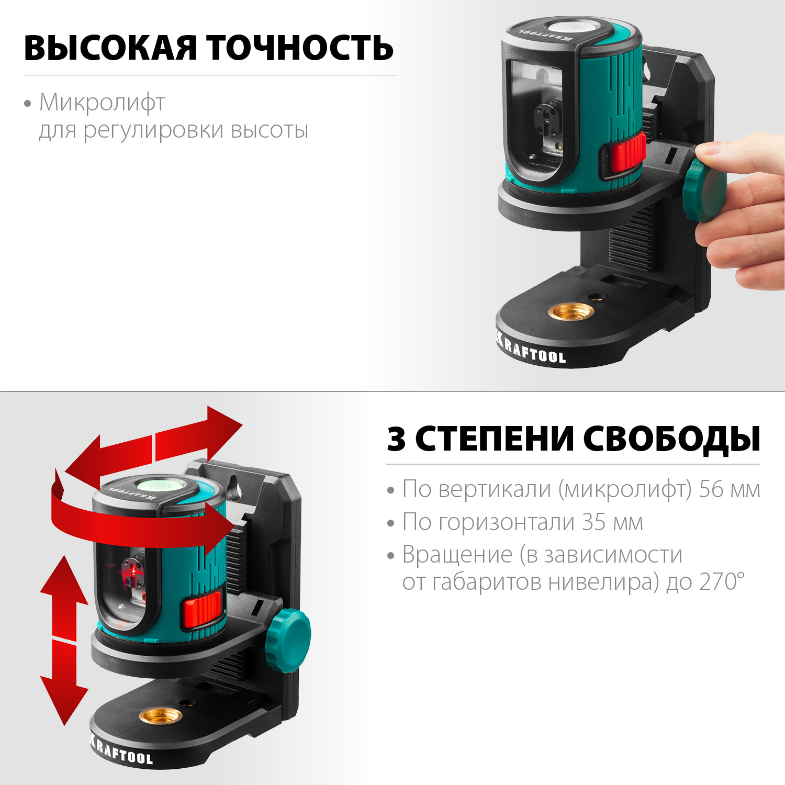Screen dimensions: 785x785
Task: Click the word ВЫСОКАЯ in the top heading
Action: pyautogui.click(x=110, y=48)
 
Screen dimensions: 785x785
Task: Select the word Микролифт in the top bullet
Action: pyautogui.click(x=102, y=103)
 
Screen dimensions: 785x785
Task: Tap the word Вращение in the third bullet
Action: pyautogui.click(x=457, y=555)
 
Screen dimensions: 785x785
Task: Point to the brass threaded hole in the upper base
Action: pyautogui.click(x=570, y=312)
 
